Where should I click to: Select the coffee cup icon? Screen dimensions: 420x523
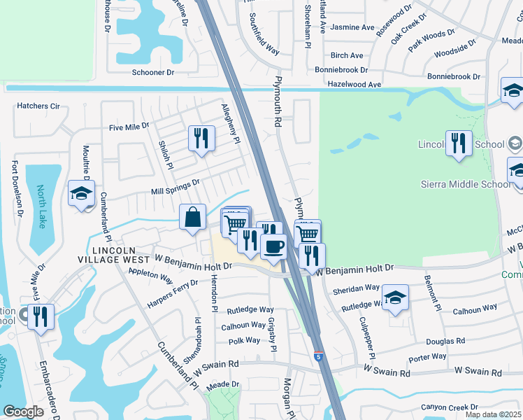(x=273, y=245)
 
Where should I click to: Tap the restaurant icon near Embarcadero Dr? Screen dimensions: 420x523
(x=41, y=316)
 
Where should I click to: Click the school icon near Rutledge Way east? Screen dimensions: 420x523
(x=395, y=296)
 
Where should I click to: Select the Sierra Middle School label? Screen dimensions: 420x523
(x=466, y=184)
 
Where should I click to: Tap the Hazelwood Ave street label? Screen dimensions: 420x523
(x=355, y=84)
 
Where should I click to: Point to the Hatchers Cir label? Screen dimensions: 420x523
(x=38, y=106)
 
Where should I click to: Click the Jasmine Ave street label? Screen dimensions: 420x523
(x=352, y=27)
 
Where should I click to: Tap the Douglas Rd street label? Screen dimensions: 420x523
(x=450, y=342)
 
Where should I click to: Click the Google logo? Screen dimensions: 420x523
(x=23, y=412)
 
